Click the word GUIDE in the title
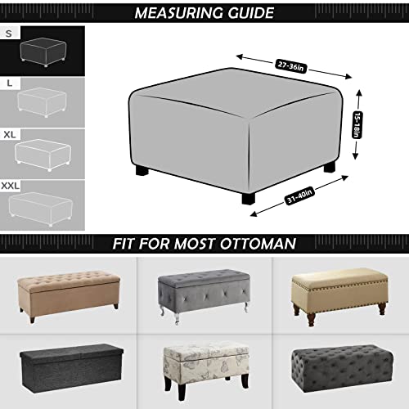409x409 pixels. [250, 12]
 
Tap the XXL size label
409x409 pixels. [11, 187]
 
